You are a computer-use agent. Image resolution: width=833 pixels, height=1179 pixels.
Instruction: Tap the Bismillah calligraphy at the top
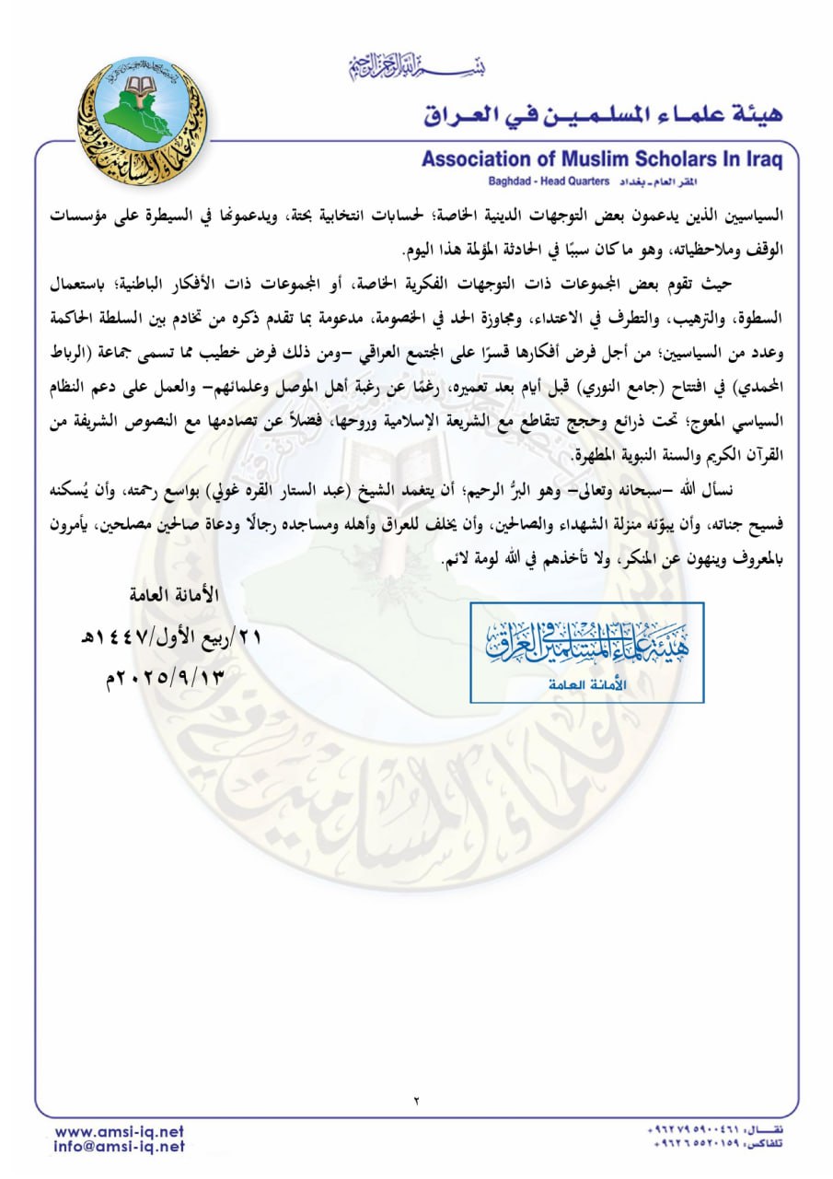point(417,65)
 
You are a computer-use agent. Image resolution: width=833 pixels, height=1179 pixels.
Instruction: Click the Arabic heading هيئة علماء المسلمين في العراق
point(603,115)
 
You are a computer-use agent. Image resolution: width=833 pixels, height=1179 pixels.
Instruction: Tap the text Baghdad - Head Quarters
point(535,182)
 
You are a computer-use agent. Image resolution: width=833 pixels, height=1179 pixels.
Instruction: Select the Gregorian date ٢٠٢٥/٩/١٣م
point(166,679)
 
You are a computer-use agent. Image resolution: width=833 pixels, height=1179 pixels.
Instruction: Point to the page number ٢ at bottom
point(416,1100)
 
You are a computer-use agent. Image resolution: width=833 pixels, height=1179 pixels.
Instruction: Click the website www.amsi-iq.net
point(120,1131)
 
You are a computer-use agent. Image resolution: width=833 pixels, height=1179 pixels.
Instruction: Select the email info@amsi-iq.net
point(120,1147)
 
